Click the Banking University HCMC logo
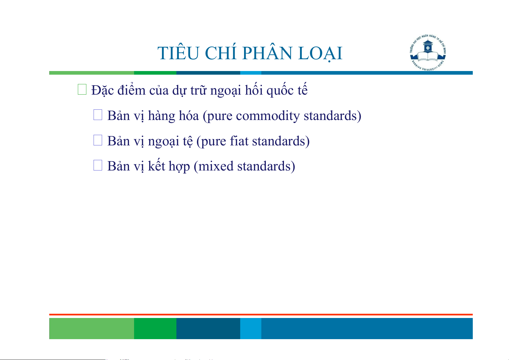tap(428, 53)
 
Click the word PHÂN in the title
tap(267, 53)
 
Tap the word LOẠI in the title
tap(321, 54)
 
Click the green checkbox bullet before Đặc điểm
tap(82, 89)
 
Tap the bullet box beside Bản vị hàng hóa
tap(98, 115)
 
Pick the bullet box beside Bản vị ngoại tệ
tap(98, 140)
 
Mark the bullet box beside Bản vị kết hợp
tap(98, 165)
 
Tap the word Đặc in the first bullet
tap(102, 90)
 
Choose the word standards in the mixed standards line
tap(264, 166)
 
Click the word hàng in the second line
tap(162, 116)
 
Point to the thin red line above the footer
tap(261, 315)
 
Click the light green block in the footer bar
tap(92, 328)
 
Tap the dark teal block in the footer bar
tap(208, 328)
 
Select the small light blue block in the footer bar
tap(251, 328)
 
